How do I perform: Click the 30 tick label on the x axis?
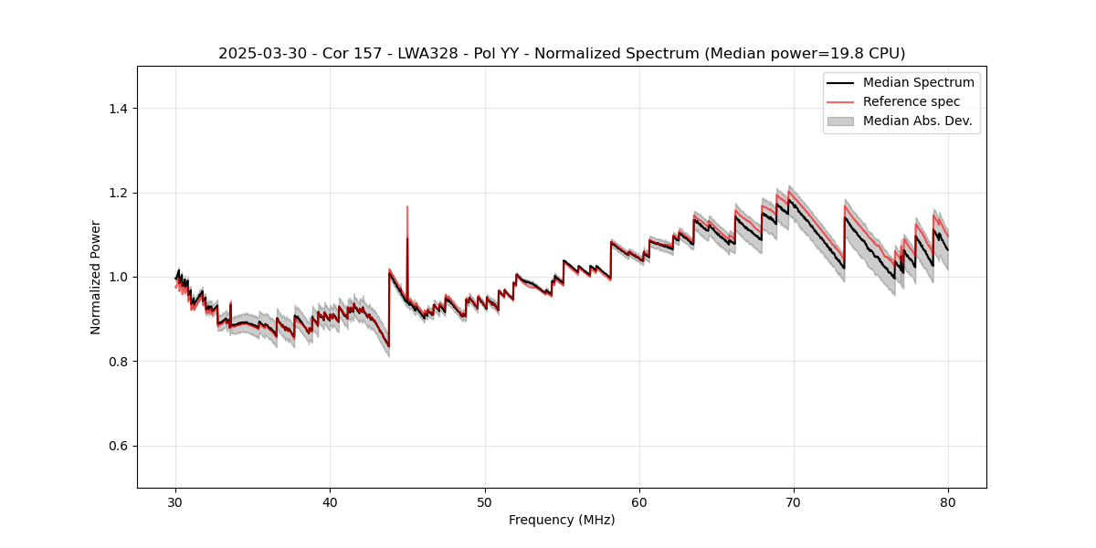click(x=176, y=502)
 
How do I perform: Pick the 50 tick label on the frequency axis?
click(x=485, y=502)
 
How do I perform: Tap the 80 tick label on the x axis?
click(x=948, y=502)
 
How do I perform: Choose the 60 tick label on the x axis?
click(x=639, y=502)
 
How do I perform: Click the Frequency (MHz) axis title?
click(x=562, y=520)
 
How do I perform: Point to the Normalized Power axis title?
click(x=96, y=277)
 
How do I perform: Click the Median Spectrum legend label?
click(x=918, y=82)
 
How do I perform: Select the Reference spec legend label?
click(x=912, y=101)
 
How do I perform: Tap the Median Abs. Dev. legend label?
click(x=917, y=121)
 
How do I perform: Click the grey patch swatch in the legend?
click(x=840, y=121)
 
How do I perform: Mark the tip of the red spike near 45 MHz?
click(x=407, y=206)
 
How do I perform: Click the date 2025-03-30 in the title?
click(x=256, y=54)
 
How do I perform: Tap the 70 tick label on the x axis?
click(x=794, y=502)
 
